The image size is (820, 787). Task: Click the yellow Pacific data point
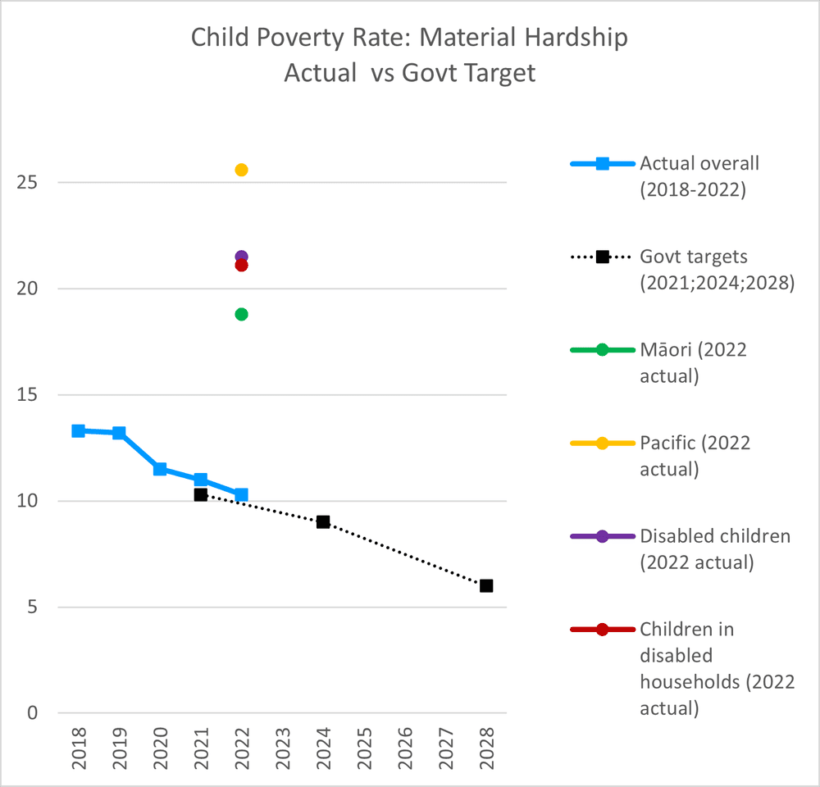pos(241,170)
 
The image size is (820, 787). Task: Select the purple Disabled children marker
pos(241,257)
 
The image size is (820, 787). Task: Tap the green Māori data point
pos(241,314)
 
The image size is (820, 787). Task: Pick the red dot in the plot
pos(241,266)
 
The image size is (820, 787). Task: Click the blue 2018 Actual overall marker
pos(78,430)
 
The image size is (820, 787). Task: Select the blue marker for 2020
pos(160,469)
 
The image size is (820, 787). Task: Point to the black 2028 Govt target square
pos(486,585)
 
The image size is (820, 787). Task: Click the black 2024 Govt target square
pos(323,522)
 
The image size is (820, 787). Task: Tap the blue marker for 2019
pos(119,433)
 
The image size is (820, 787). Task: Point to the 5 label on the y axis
pos(30,607)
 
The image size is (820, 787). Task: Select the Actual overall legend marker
pos(602,163)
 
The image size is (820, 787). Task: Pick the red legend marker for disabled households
pos(602,630)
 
